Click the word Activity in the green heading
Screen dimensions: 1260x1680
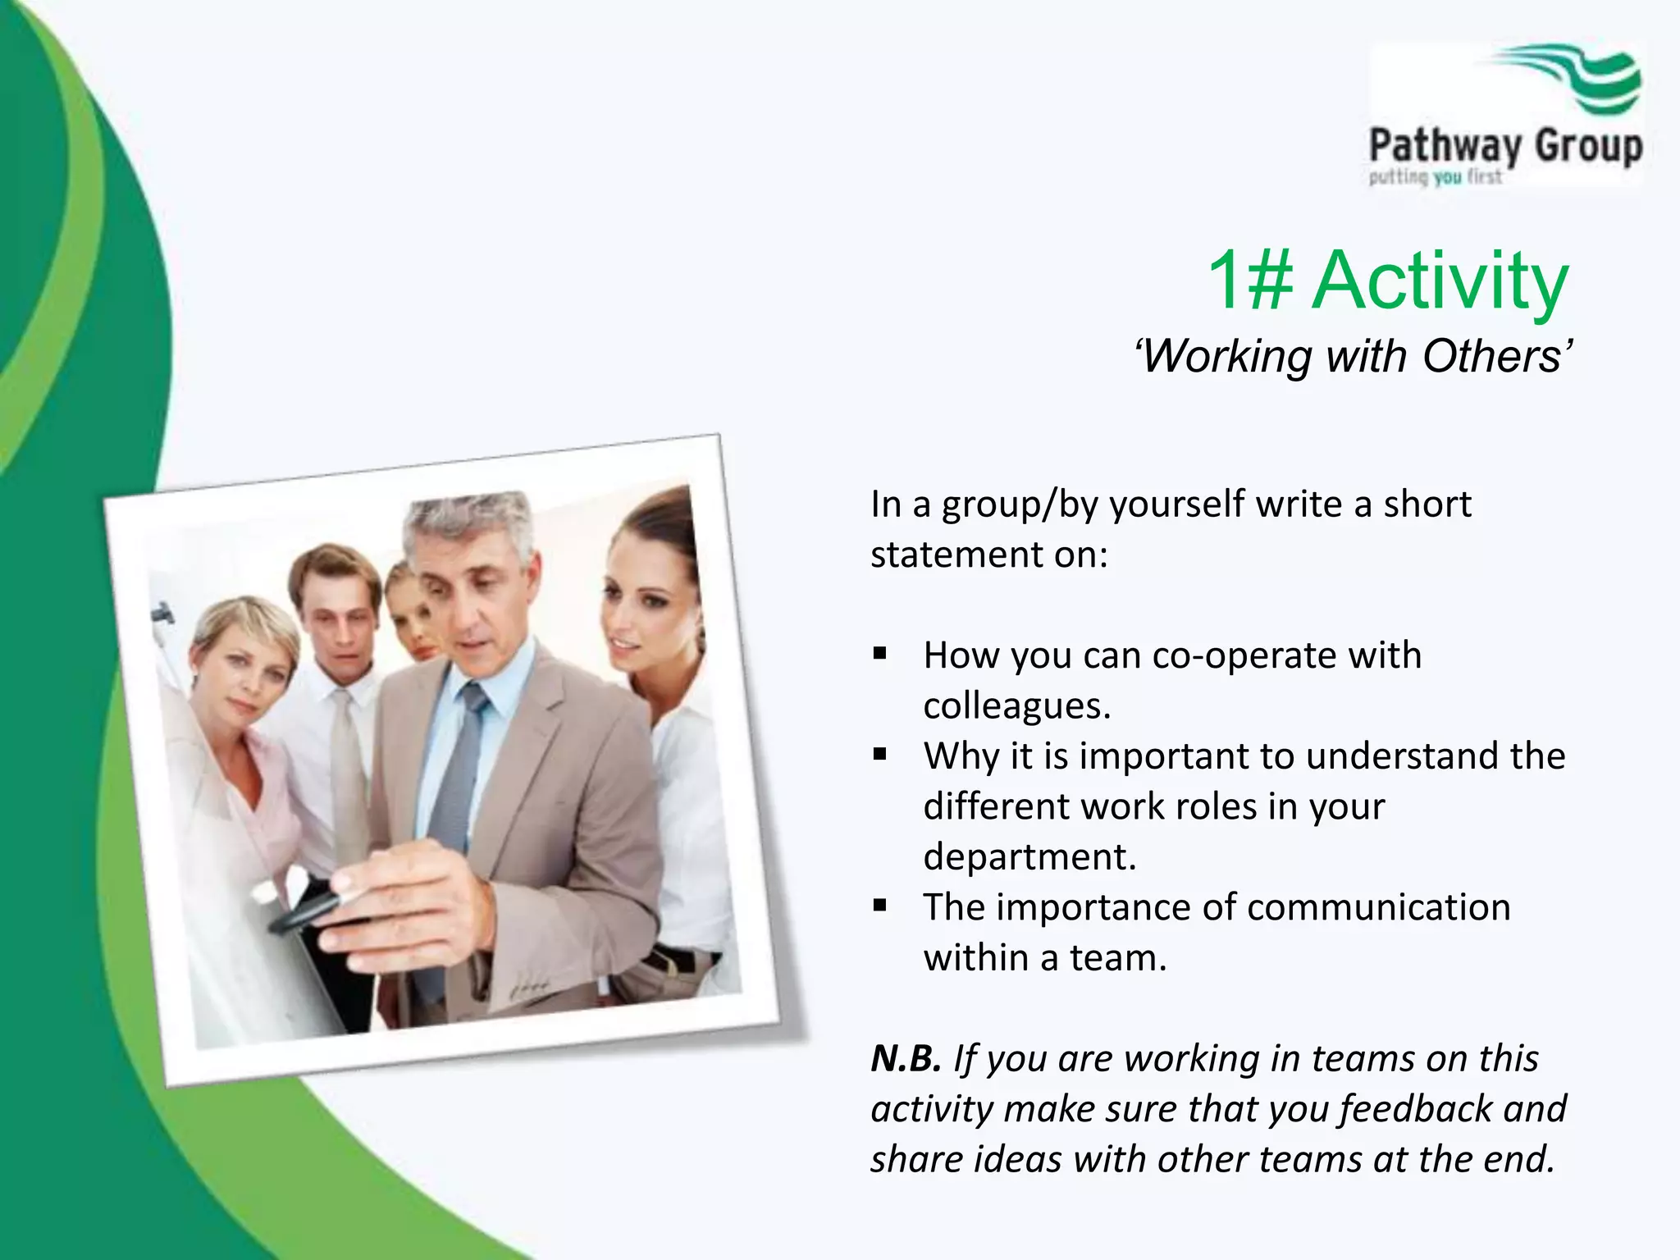(1440, 281)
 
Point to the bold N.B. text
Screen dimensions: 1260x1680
(906, 1058)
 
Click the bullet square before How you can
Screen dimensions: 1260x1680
(880, 655)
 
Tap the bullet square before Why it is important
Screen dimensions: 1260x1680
(880, 756)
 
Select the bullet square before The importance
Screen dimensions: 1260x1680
(880, 906)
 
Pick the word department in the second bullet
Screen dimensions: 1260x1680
(1029, 857)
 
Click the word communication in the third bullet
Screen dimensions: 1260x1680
(1378, 908)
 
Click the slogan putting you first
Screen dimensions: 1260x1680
(1435, 177)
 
